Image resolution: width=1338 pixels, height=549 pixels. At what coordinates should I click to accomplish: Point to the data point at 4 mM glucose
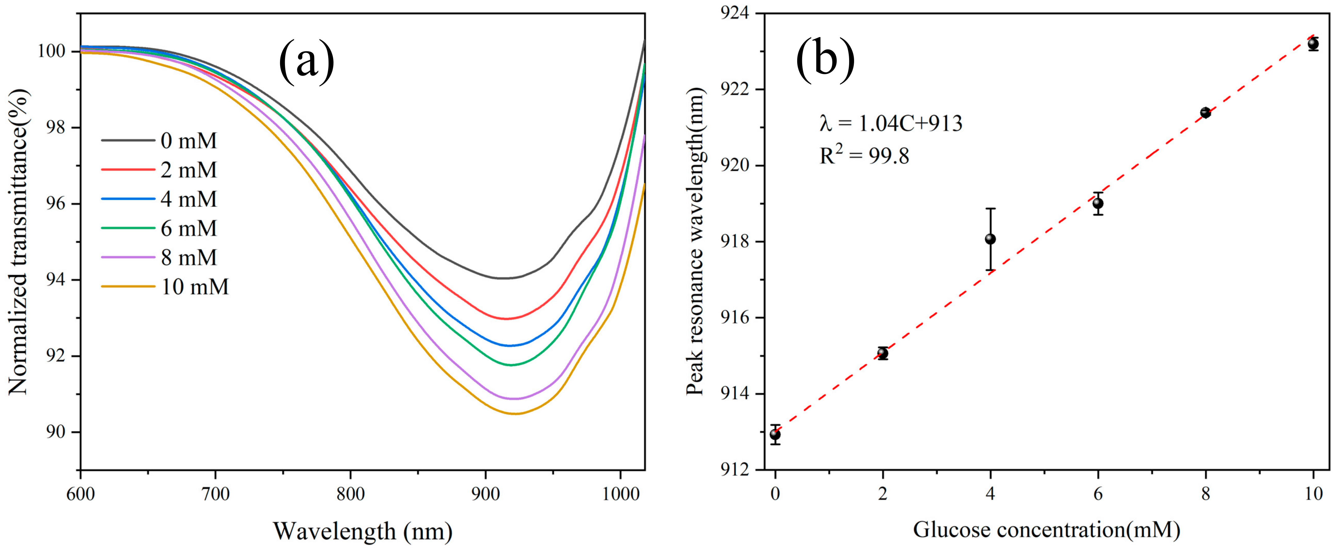991,239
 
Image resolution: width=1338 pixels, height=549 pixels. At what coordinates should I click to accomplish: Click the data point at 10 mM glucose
1313,44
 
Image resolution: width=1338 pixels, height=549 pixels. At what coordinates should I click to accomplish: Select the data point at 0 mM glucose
775,434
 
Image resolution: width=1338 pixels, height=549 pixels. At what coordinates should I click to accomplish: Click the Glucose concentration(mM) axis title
1046,530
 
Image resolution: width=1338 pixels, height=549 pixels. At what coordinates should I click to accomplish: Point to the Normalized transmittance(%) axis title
19,242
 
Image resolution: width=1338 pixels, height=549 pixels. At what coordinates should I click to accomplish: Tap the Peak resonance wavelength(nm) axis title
695,242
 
